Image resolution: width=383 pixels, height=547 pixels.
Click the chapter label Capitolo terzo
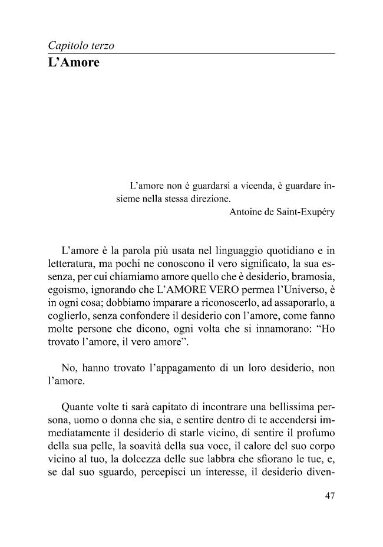coord(81,45)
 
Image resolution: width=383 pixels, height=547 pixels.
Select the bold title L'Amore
coord(74,62)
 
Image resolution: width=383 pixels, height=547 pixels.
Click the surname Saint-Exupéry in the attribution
coord(305,213)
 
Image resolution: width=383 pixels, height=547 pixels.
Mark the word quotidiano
coord(288,249)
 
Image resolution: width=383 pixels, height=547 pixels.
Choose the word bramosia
coord(312,276)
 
